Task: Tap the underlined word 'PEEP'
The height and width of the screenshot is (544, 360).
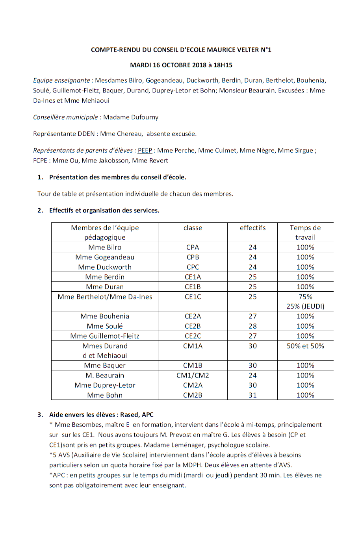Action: point(145,150)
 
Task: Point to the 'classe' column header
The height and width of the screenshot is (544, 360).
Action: point(193,228)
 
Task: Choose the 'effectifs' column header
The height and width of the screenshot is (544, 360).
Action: point(252,228)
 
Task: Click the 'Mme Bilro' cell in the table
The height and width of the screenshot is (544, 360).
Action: point(105,247)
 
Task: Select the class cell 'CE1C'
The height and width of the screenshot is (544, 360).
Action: point(193,297)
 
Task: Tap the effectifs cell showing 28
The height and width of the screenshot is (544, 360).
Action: point(252,326)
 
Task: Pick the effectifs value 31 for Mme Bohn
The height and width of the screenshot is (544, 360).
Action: point(252,395)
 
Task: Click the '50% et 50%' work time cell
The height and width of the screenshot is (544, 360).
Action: point(305,346)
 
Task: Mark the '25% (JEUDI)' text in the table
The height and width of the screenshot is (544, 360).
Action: point(305,306)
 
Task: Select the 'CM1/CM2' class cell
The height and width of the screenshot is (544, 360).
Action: point(193,376)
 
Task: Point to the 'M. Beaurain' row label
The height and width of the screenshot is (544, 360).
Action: point(105,376)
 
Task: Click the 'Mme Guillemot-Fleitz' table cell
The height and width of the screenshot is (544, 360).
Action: point(105,336)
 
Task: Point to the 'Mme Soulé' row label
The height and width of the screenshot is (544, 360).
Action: point(105,326)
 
